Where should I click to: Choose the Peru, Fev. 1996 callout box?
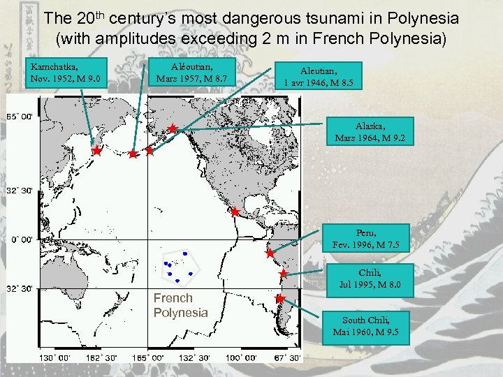365,239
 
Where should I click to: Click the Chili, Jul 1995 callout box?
365,279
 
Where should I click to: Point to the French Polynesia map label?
180,305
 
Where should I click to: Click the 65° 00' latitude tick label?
20,117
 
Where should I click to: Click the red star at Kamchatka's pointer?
96,150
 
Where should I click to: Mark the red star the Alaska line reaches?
172,129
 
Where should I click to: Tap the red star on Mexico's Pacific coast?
235,212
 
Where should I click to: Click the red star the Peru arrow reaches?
270,254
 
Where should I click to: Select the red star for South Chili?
279,299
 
